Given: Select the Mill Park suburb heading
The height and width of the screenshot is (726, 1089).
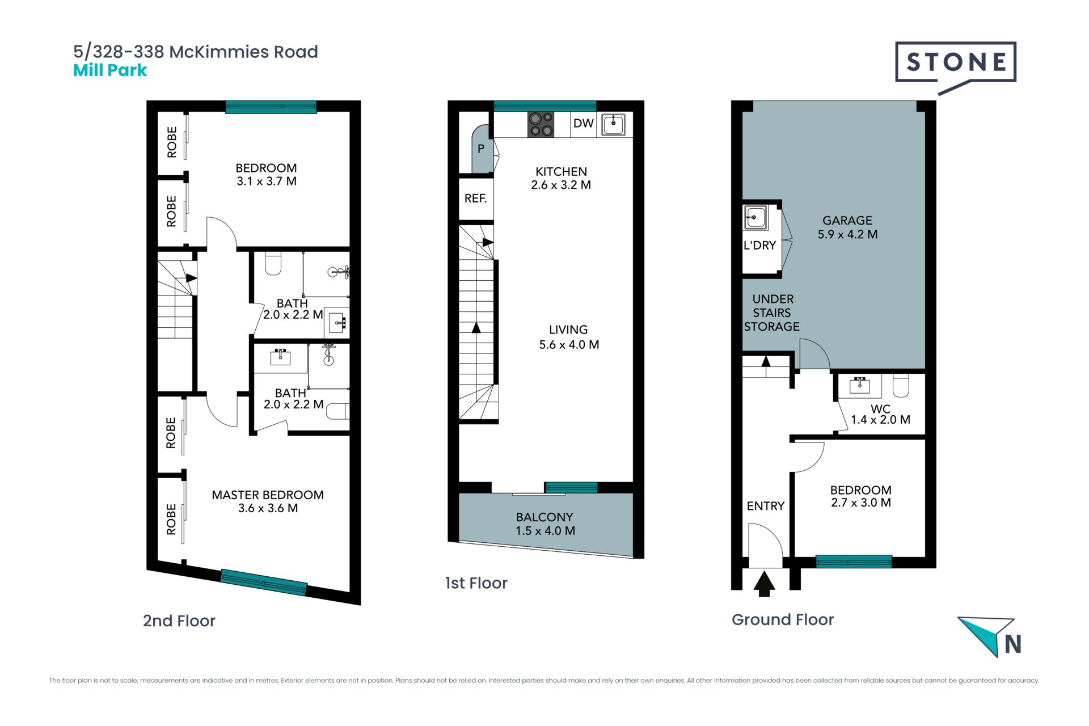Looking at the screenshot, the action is [110, 70].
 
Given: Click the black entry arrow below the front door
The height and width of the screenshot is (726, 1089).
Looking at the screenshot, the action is [764, 584].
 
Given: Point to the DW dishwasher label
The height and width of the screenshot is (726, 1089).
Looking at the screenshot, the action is [583, 123].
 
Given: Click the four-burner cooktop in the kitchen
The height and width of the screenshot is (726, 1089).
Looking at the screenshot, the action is [541, 125].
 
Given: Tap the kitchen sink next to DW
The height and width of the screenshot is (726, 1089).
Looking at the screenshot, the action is [613, 125].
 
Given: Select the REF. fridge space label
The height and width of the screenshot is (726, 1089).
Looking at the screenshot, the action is [475, 198].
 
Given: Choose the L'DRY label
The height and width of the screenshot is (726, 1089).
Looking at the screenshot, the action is [759, 245].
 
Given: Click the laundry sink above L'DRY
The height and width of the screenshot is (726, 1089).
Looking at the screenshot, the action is [755, 217].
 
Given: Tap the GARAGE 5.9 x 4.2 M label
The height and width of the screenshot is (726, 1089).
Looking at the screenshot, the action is [847, 227].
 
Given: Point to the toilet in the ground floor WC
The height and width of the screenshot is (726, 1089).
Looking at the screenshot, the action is [901, 385].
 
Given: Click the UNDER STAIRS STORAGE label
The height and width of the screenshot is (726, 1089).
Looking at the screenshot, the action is [772, 313].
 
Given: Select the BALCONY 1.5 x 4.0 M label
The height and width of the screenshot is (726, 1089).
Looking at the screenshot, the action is [544, 524].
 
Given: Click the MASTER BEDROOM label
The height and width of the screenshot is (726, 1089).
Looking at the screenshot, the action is [268, 501].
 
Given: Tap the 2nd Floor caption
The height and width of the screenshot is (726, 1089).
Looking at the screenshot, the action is [179, 621].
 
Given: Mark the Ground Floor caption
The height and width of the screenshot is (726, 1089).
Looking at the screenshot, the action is [783, 619].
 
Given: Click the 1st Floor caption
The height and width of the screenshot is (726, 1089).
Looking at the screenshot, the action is [476, 583].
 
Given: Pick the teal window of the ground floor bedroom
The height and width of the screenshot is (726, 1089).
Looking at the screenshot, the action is [854, 562].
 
